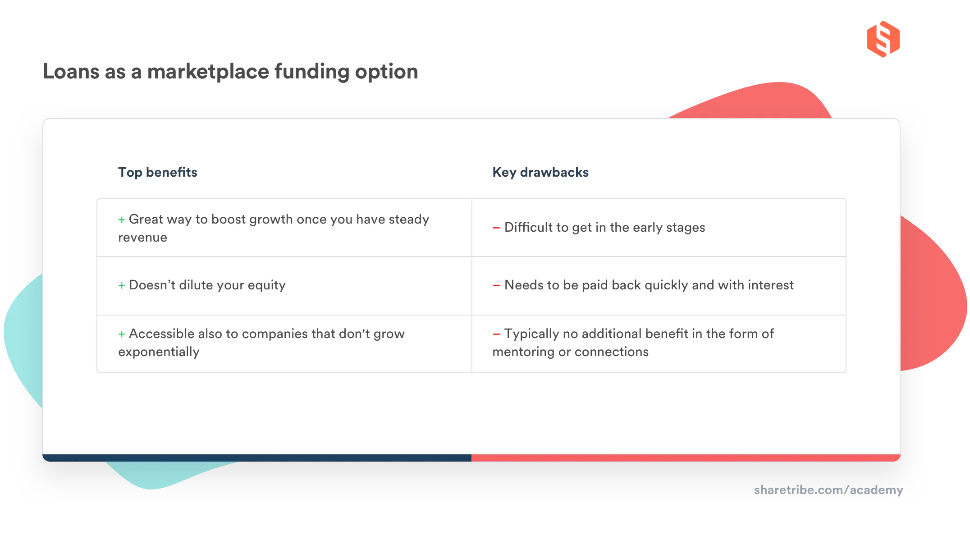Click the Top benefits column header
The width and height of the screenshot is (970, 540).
pos(157,172)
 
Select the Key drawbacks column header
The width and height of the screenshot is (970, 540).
pos(540,172)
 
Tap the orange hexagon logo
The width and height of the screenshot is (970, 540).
pos(883,39)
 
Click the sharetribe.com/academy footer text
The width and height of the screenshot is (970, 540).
pos(828,490)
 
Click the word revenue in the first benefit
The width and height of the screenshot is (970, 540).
pos(142,238)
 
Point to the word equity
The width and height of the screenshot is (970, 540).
pos(266,285)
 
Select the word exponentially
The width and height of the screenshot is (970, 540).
pos(159,352)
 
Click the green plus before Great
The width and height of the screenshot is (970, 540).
pos(122,220)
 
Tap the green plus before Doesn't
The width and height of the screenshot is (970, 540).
pos(122,285)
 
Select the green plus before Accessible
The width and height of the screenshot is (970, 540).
pos(122,334)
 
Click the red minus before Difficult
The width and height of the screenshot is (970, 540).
pos(496,228)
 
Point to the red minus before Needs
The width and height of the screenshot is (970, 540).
pos(496,285)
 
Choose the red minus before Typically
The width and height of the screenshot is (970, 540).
pos(496,334)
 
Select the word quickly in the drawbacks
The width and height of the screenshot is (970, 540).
pos(666,285)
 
